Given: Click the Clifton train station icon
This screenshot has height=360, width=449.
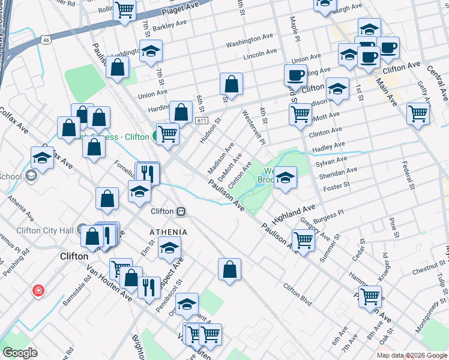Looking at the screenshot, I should [180, 211].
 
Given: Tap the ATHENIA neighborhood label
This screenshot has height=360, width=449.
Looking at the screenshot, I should [169, 232].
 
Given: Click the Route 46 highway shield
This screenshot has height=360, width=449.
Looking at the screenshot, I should [46, 40].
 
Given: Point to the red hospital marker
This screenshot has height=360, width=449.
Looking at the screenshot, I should [38, 290].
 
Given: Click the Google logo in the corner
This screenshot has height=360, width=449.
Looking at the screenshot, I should [20, 353].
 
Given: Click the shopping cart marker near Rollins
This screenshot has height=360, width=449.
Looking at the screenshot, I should [124, 10].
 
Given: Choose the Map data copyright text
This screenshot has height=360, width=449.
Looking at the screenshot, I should [412, 355].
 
